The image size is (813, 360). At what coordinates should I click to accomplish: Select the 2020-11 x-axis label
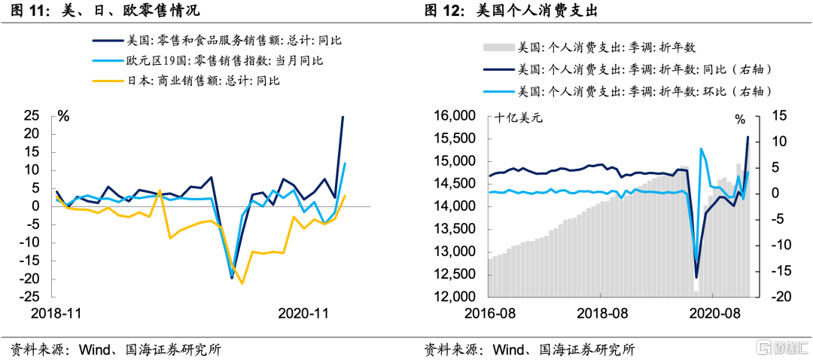(x=303, y=313)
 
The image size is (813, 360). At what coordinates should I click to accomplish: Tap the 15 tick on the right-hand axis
(x=778, y=116)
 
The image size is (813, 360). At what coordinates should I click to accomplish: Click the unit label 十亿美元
(x=519, y=117)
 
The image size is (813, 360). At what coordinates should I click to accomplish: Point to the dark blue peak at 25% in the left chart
(x=343, y=117)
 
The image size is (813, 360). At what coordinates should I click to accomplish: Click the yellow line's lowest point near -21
(x=242, y=283)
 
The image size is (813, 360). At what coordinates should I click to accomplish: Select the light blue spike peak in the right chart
(x=701, y=148)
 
